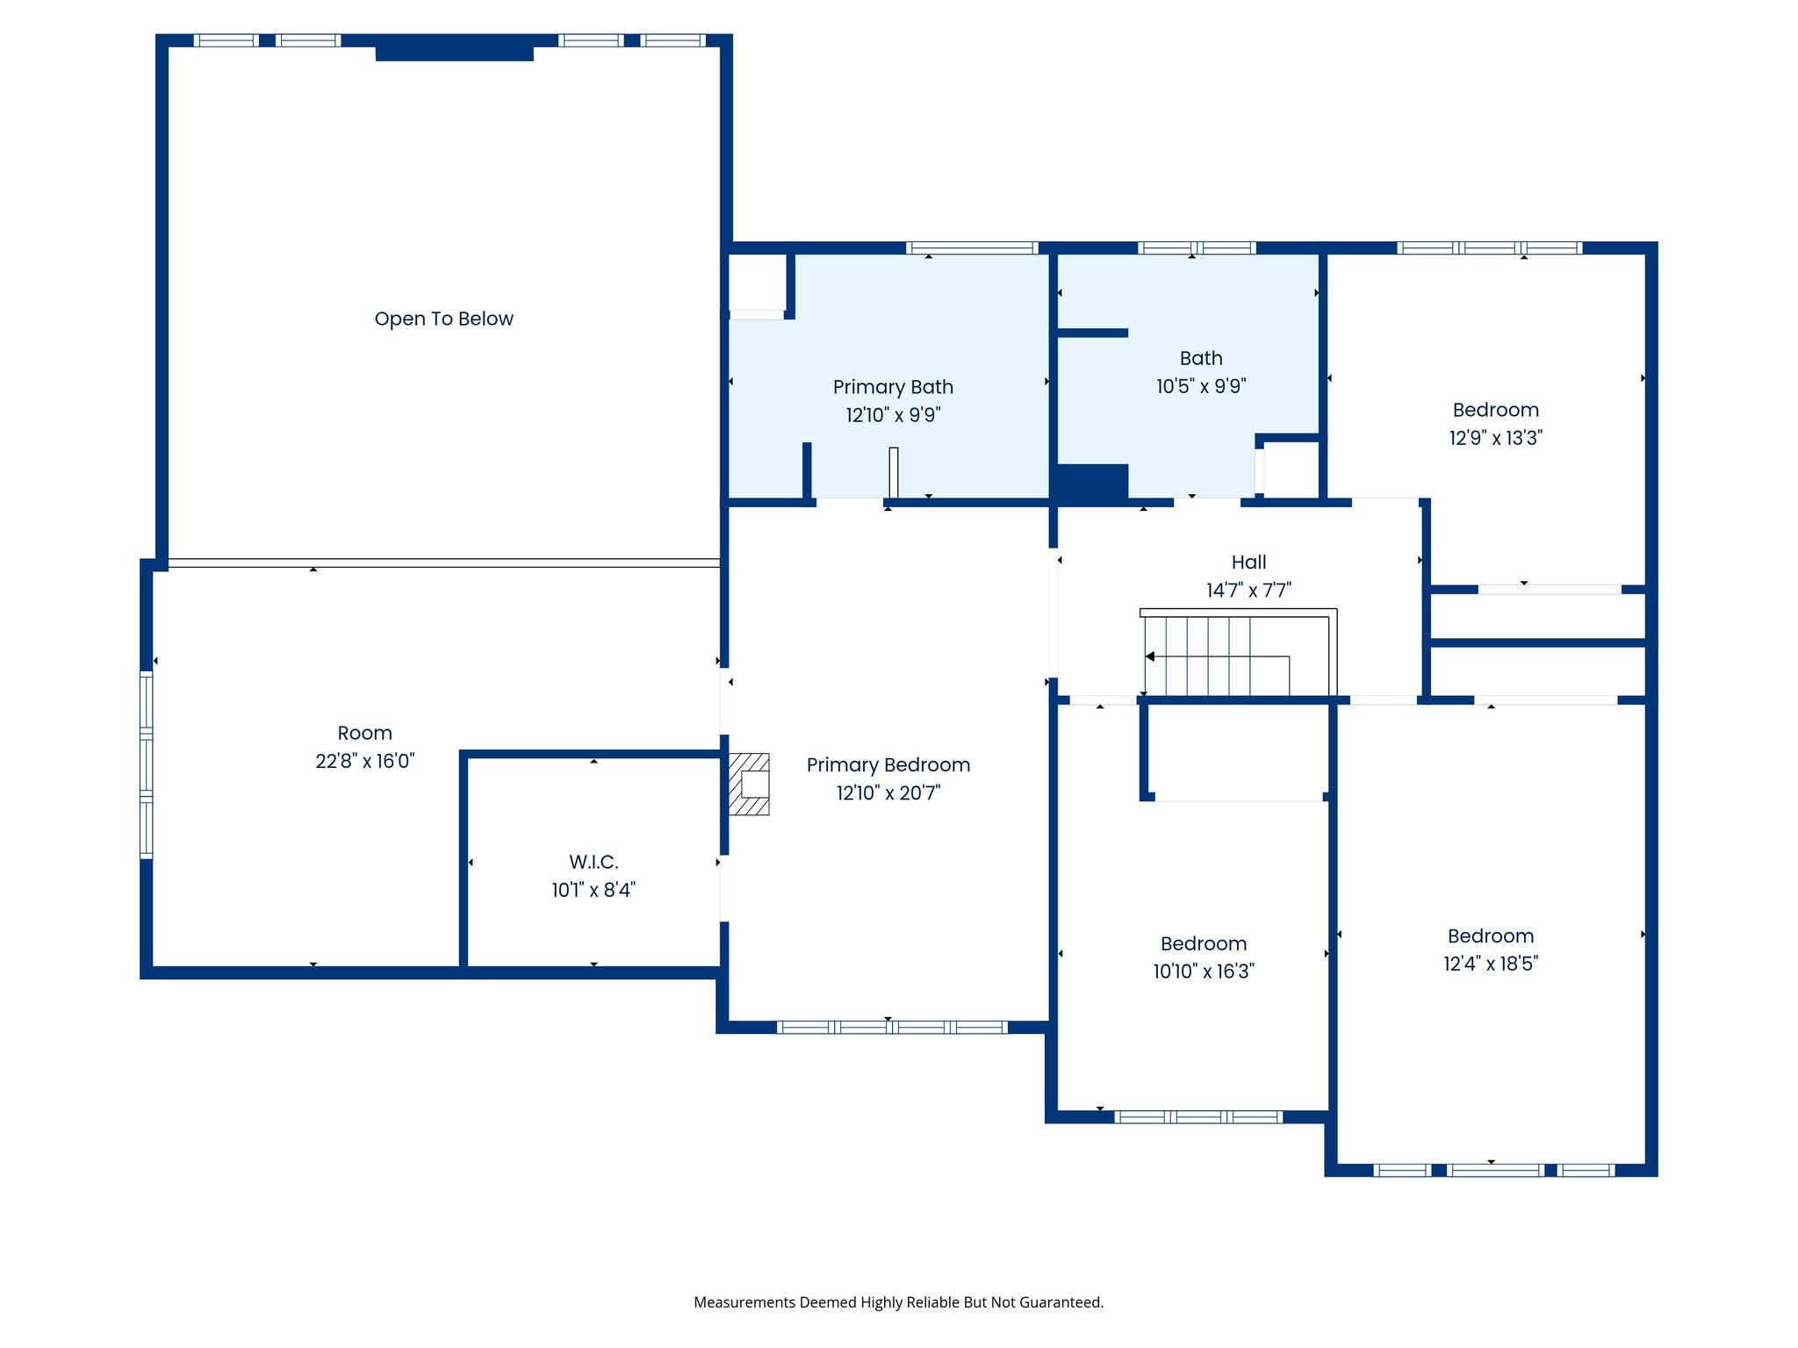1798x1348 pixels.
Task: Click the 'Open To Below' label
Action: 443,319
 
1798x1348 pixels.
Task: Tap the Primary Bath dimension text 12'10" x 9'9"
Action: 893,415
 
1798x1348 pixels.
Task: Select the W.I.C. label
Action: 593,862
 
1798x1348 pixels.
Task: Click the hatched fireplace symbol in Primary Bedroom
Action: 749,784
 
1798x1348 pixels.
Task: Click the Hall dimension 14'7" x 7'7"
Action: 1248,590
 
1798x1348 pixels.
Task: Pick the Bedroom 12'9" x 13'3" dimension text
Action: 1495,438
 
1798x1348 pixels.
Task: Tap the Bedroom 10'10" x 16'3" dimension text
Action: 1203,971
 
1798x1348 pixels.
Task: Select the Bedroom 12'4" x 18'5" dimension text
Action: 1490,964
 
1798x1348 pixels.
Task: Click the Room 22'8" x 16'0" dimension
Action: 364,761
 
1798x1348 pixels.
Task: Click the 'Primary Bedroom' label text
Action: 888,764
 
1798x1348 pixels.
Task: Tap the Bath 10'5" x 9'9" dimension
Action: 1200,386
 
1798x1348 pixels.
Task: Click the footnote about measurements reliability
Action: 898,1302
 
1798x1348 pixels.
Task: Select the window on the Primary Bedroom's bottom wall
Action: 892,1027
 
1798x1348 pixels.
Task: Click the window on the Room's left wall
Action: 147,764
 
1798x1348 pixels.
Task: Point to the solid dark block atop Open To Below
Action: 454,53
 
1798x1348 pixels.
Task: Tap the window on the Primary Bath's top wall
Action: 972,248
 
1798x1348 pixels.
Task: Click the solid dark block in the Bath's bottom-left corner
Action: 1092,482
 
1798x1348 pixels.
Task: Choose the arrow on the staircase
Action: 1150,656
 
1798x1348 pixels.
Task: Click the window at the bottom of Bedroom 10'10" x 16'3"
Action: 1198,1117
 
